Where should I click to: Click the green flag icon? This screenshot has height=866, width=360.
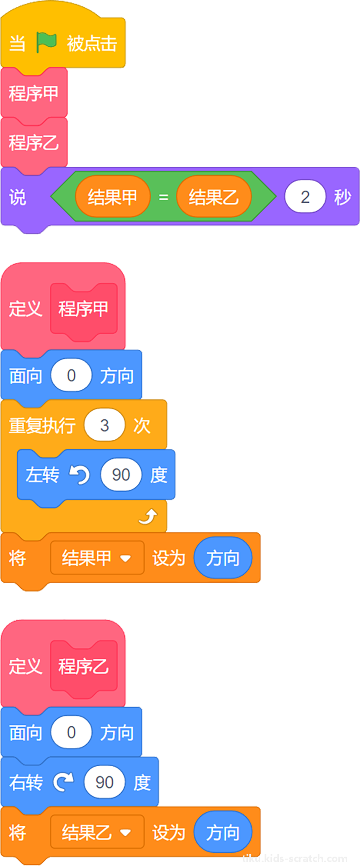[x=46, y=43]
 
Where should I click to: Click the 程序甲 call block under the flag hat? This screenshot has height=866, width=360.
[x=34, y=93]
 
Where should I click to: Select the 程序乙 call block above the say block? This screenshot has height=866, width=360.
[x=34, y=143]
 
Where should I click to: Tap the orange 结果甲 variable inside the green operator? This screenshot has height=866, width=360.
[x=113, y=197]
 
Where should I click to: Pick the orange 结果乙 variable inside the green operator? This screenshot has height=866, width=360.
[x=214, y=197]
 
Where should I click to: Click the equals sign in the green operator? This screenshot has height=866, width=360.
[x=163, y=197]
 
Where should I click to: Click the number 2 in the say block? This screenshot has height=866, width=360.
[x=305, y=197]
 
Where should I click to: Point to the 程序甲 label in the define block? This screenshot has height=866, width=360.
[x=84, y=309]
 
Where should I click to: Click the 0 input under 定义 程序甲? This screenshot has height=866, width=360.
[x=71, y=375]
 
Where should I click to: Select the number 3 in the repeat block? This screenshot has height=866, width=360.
[x=104, y=425]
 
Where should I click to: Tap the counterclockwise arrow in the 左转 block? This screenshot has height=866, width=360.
[x=80, y=475]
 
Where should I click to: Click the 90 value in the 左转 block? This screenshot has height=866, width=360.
[x=121, y=475]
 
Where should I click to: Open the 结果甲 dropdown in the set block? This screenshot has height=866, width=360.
[x=97, y=558]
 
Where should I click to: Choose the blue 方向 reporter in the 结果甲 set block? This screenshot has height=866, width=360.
[x=223, y=558]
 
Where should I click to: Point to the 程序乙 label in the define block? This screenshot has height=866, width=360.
[x=84, y=666]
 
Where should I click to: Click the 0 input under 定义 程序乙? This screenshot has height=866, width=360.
[x=71, y=733]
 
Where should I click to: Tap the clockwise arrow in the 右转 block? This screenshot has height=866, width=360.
[x=63, y=782]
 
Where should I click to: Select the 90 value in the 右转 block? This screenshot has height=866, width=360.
[x=104, y=782]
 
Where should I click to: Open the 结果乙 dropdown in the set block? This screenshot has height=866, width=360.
[x=97, y=833]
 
